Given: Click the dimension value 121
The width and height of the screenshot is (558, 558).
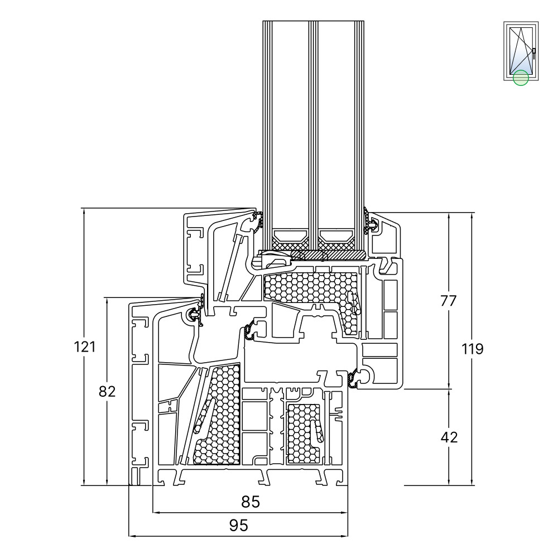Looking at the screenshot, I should (85, 347).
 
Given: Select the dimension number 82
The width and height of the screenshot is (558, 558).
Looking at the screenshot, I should (107, 392).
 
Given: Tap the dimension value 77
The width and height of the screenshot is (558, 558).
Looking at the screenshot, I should (449, 301).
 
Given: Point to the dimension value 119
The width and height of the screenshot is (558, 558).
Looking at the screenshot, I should (472, 349).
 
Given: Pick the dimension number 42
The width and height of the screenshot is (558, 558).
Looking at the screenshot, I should (449, 437).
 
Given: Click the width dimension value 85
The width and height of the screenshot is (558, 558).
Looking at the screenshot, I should (251, 502).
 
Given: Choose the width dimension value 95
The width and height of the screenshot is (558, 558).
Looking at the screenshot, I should (238, 525).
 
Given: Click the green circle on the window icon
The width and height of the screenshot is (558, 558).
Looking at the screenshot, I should (521, 78).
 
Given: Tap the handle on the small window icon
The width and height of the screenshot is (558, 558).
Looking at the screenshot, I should (534, 53).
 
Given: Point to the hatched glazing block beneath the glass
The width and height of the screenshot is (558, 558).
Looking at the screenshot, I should (329, 255).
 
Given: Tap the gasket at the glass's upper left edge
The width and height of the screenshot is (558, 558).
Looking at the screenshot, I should (257, 219).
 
